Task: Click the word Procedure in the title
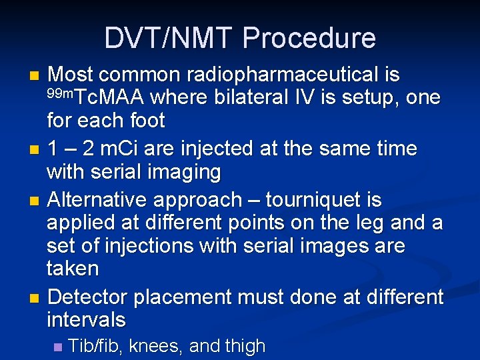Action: coord(309,38)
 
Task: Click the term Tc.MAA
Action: coord(108,98)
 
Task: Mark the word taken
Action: coord(73,269)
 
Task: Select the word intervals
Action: coord(86,320)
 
